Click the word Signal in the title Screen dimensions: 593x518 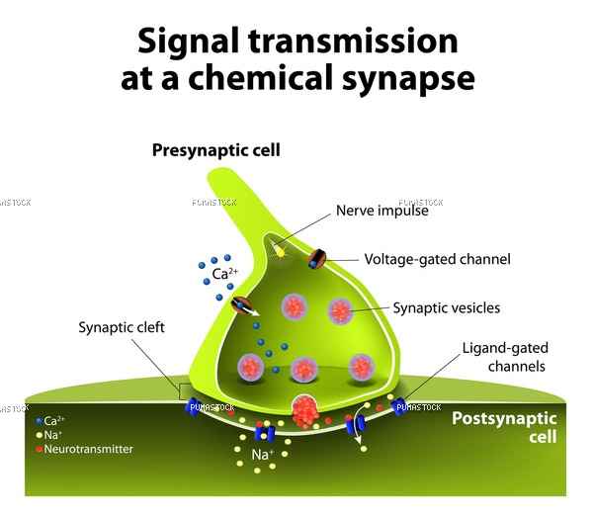point(188,43)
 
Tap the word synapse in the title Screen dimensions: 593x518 point(408,79)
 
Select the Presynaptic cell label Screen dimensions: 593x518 point(215,150)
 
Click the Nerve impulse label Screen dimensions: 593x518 point(381,211)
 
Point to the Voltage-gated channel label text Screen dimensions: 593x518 point(437,259)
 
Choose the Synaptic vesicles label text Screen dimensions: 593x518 point(447,308)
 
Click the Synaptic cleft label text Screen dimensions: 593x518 point(122,327)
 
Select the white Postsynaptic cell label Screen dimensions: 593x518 point(504,427)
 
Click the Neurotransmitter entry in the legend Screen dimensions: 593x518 point(85,449)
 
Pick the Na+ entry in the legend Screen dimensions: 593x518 point(48,435)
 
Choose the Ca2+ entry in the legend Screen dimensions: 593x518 point(50,420)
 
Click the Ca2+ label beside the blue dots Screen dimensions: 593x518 point(225,273)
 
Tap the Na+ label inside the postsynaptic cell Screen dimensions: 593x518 point(262,454)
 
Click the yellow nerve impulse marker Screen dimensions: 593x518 point(280,251)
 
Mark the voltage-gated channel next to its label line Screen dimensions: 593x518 point(317,259)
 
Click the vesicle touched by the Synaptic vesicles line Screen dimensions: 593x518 point(340,311)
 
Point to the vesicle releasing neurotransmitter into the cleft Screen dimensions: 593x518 point(304,411)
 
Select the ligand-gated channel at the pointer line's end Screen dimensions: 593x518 point(399,407)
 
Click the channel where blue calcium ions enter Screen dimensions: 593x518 point(242,305)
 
